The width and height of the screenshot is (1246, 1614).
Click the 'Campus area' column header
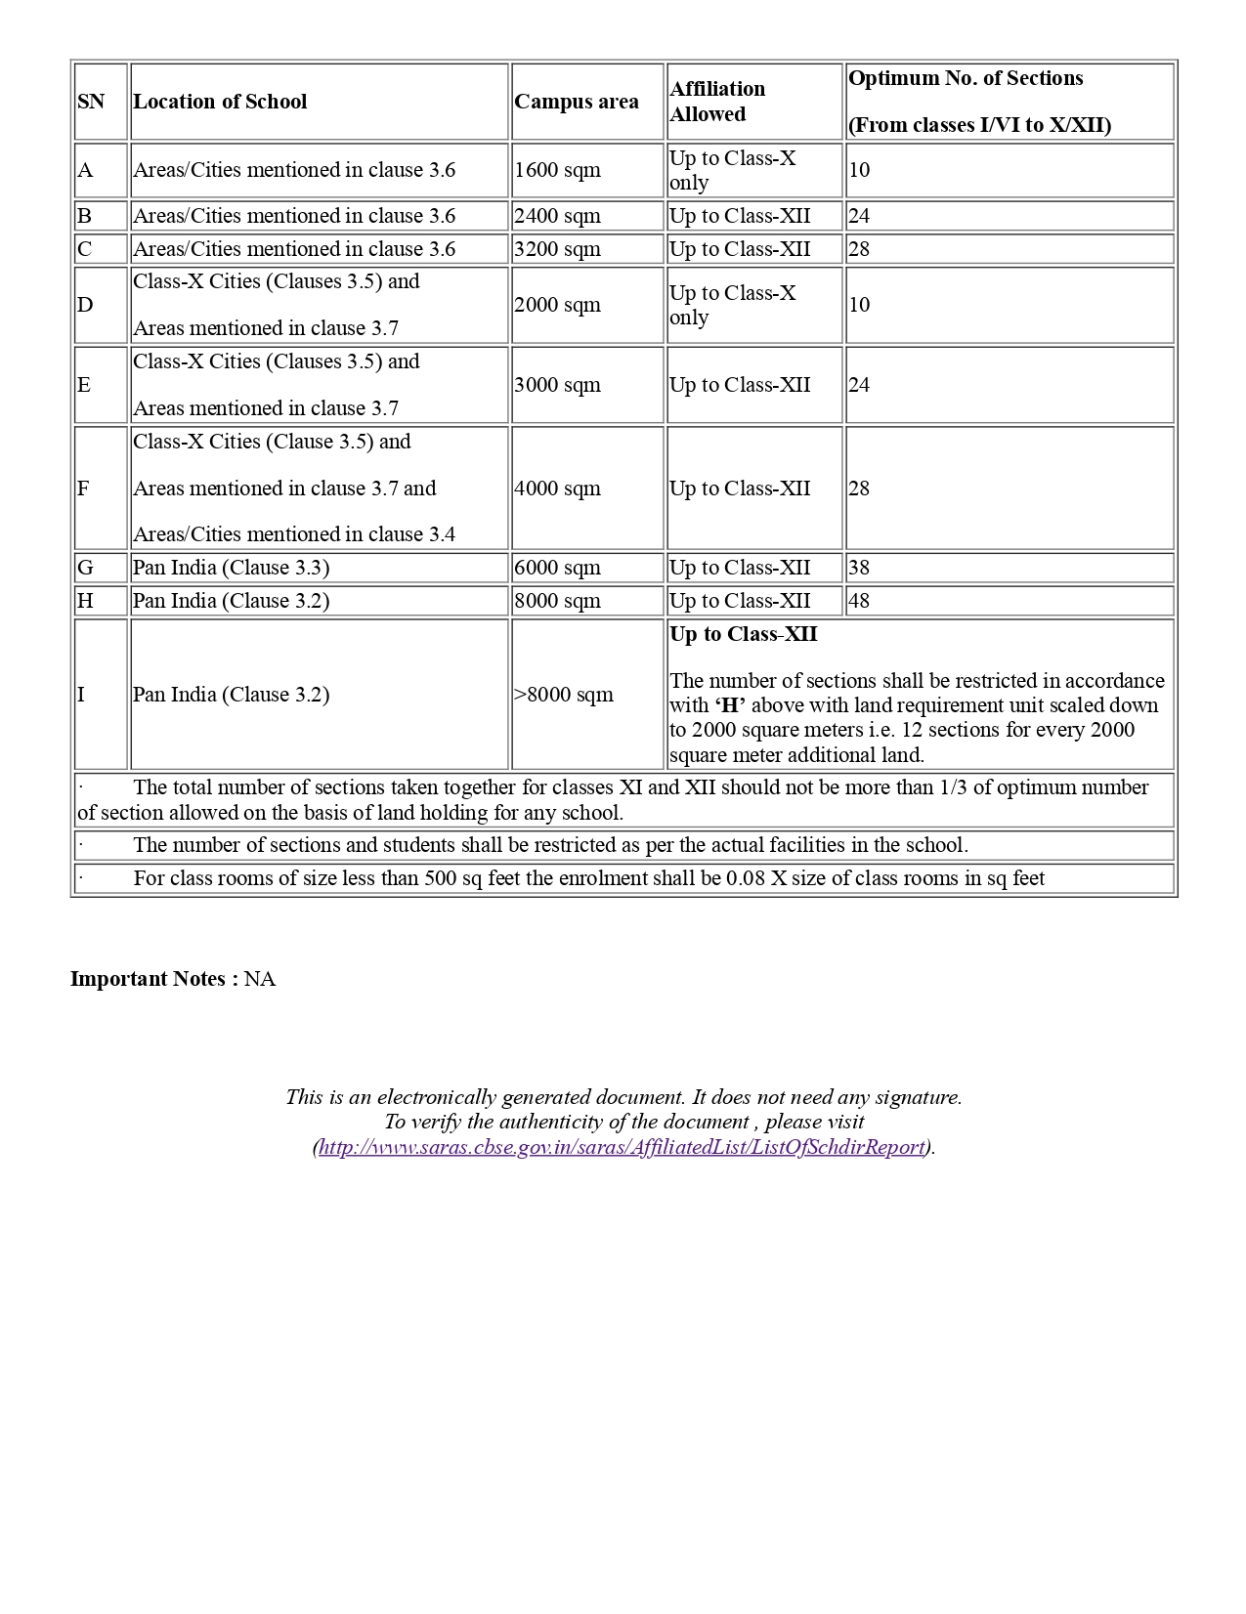click(577, 102)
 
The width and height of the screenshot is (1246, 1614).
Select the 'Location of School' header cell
click(220, 102)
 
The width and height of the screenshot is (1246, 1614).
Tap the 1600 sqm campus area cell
click(557, 170)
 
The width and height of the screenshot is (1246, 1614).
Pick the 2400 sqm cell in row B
click(557, 216)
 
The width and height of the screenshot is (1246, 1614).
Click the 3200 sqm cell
click(557, 249)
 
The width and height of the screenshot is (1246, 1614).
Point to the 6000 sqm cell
click(557, 568)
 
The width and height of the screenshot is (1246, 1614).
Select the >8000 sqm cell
click(564, 695)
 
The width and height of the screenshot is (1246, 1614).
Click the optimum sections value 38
click(859, 568)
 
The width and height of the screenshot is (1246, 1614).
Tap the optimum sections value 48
click(859, 601)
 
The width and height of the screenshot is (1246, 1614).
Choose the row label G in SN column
click(85, 568)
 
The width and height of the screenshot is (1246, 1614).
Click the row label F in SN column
click(83, 488)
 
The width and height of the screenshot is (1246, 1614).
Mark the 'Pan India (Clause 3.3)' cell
click(232, 568)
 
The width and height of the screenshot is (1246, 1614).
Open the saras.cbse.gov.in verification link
click(622, 1147)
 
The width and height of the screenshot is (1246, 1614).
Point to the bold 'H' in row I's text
click(728, 705)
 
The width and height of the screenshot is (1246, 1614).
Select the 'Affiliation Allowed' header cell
click(717, 102)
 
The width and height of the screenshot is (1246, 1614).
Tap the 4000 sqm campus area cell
click(557, 488)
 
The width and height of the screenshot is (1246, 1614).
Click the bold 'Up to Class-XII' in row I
click(744, 634)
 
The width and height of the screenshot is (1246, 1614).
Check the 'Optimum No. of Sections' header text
click(966, 78)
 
